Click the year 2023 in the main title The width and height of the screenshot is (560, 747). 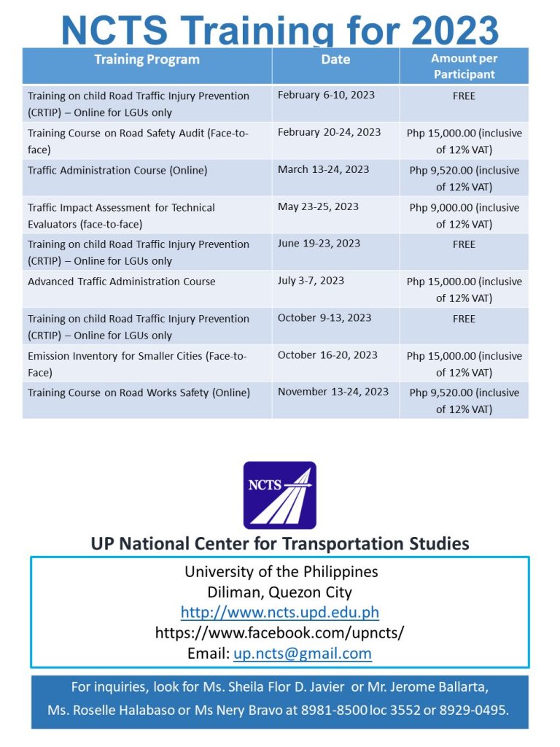click(455, 31)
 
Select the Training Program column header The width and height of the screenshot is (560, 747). click(147, 60)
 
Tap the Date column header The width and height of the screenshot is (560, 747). click(335, 60)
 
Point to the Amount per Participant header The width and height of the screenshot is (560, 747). click(464, 66)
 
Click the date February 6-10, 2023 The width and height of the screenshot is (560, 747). click(326, 96)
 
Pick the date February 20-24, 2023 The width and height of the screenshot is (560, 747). click(329, 132)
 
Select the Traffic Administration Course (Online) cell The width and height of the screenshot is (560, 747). click(117, 171)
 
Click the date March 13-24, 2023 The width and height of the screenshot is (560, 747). click(323, 169)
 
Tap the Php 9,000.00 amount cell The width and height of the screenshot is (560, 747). click(464, 216)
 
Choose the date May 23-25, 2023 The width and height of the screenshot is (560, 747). click(318, 206)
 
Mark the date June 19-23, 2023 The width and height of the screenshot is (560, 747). click(319, 244)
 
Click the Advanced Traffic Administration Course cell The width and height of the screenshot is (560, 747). click(122, 282)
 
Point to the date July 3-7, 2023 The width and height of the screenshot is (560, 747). click(311, 280)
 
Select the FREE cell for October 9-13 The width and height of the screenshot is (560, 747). click(464, 319)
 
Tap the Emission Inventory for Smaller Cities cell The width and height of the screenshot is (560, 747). click(137, 364)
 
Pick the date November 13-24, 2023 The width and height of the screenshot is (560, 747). click(333, 392)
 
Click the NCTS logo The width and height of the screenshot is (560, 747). click(280, 495)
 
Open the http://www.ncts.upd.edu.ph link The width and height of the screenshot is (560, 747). click(280, 612)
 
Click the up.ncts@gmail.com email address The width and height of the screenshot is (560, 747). click(302, 654)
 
